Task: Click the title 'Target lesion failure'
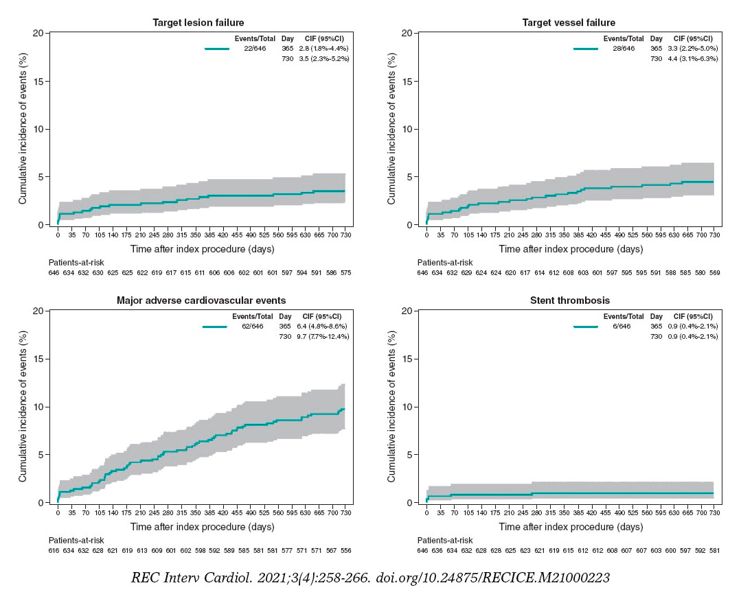(x=198, y=23)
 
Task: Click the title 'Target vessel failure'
(x=567, y=23)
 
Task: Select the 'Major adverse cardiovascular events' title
(x=201, y=300)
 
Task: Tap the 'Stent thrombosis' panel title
(x=570, y=300)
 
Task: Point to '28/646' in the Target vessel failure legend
(x=624, y=49)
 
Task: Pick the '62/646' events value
(x=252, y=327)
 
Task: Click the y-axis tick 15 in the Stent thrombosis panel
(x=410, y=359)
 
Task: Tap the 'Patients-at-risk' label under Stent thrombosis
(x=445, y=541)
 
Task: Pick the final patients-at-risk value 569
(x=714, y=273)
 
